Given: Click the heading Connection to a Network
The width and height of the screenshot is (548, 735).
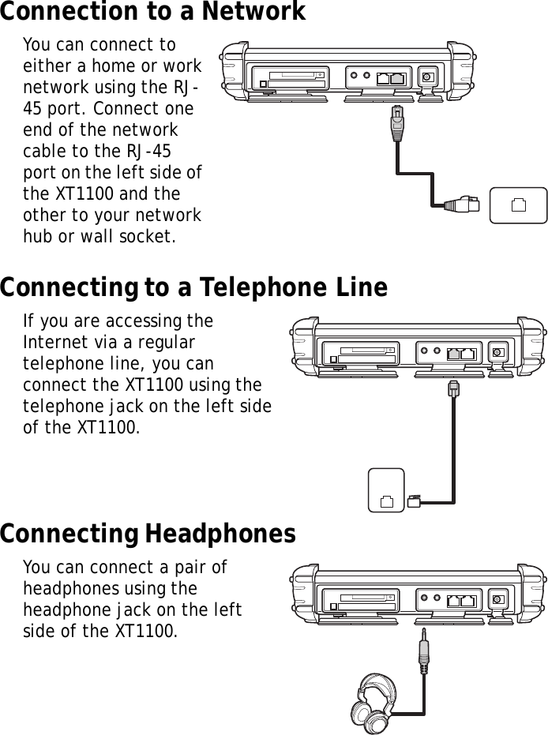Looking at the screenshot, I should (152, 13).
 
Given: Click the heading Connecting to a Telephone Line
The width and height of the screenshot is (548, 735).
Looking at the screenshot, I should (193, 287).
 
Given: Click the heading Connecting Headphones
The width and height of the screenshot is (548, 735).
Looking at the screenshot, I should (148, 534).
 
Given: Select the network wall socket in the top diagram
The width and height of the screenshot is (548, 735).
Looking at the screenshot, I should (518, 206).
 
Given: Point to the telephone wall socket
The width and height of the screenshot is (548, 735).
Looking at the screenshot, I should (386, 490).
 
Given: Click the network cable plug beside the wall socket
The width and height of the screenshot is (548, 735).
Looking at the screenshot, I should (463, 204).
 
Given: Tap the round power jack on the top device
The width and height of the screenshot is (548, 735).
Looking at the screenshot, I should (427, 77).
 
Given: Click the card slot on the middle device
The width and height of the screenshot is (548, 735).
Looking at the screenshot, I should (363, 352).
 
